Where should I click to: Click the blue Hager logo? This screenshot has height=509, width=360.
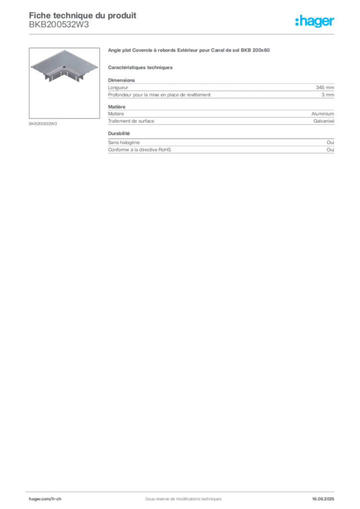coord(315,22)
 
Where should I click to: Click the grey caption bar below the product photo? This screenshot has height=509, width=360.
coord(44,123)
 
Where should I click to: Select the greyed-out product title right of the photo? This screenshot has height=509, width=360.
coord(189,50)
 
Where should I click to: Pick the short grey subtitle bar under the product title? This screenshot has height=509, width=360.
coord(141,67)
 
